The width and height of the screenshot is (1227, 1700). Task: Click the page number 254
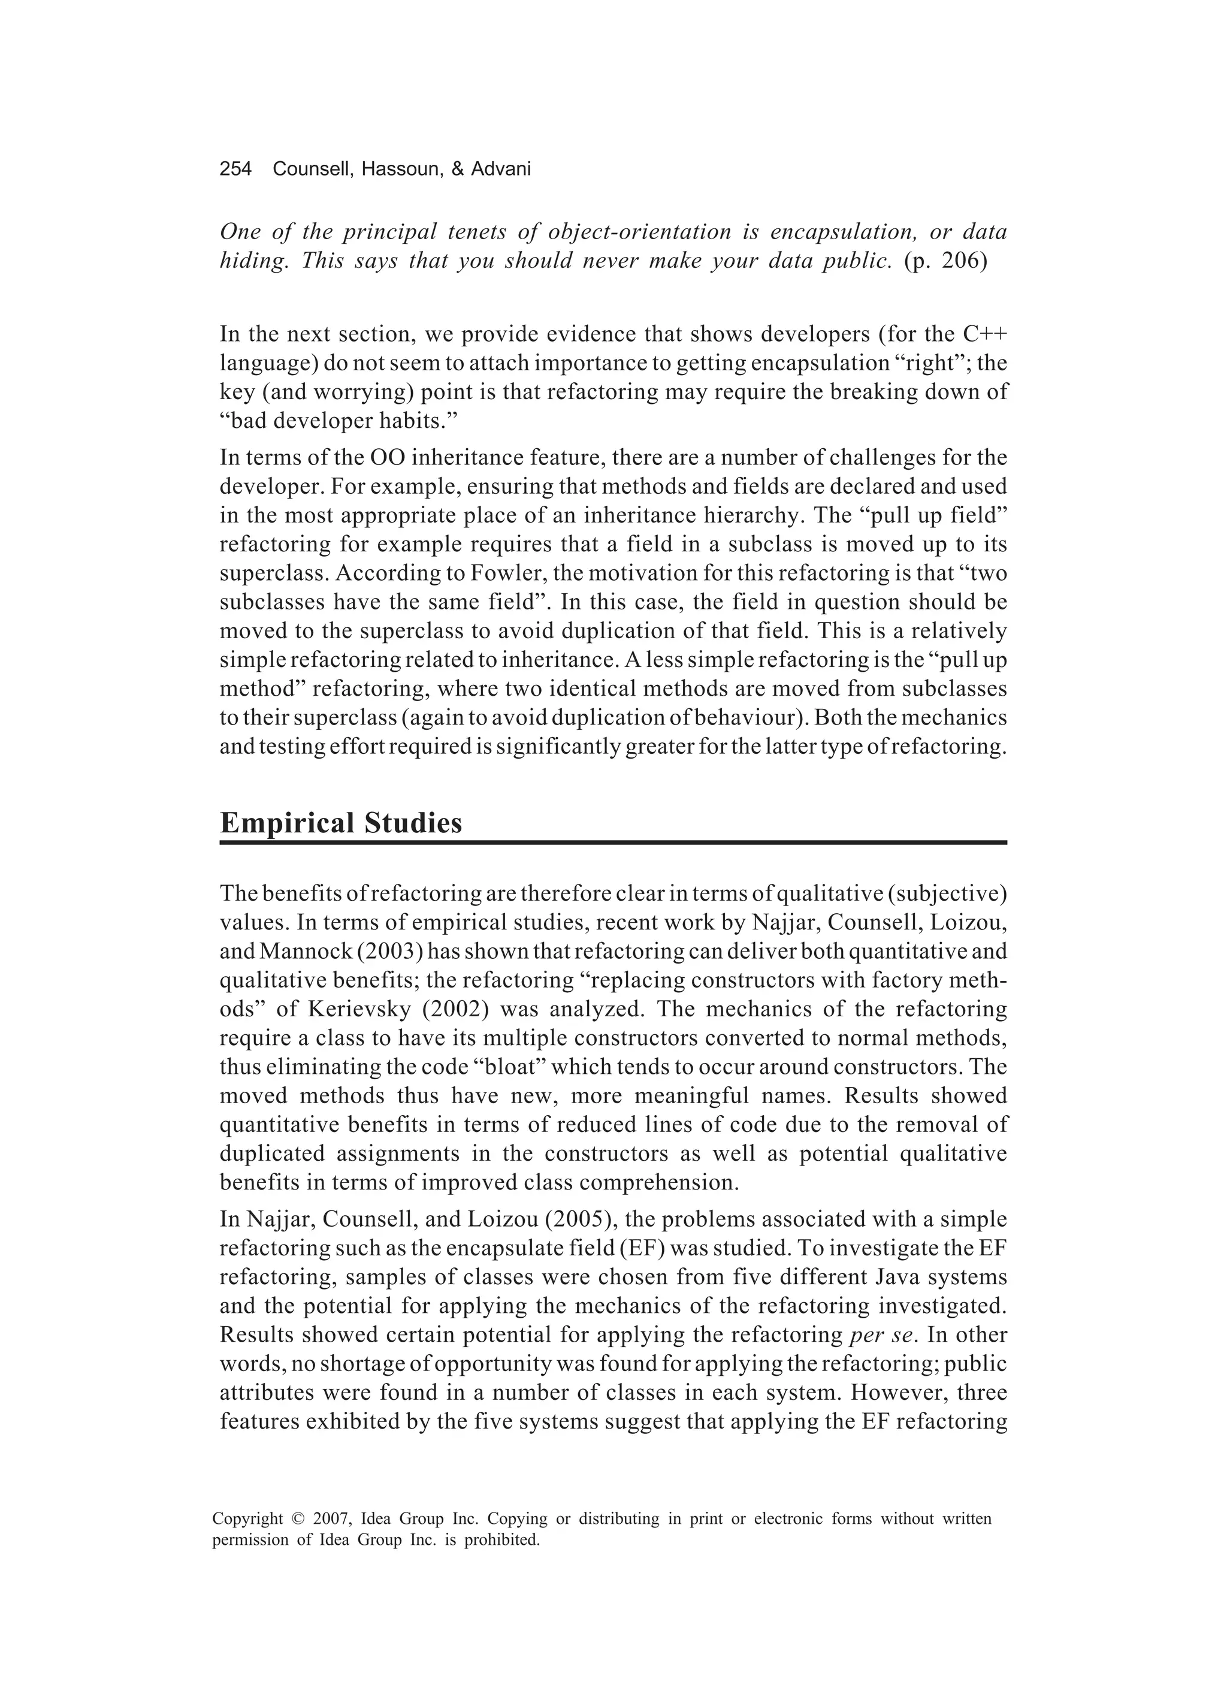click(235, 170)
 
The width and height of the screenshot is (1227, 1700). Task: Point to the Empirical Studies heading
click(341, 823)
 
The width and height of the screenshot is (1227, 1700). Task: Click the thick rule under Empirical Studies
click(612, 843)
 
